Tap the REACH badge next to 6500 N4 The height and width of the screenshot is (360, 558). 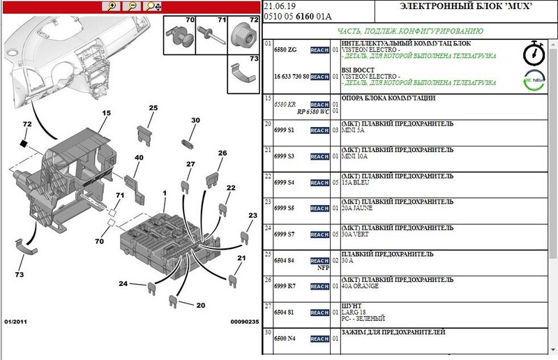pyautogui.click(x=319, y=338)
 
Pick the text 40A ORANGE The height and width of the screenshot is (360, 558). pyautogui.click(x=361, y=286)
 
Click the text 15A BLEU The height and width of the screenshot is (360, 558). pyautogui.click(x=354, y=182)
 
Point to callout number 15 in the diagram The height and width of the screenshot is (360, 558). pyautogui.click(x=107, y=113)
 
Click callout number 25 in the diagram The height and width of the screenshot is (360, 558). pyautogui.click(x=153, y=108)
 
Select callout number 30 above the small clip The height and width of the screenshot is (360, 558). pyautogui.click(x=195, y=121)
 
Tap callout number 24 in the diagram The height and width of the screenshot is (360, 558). pyautogui.click(x=123, y=284)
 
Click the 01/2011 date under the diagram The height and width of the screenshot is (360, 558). pyautogui.click(x=17, y=322)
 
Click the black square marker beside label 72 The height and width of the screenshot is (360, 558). pyautogui.click(x=24, y=143)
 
